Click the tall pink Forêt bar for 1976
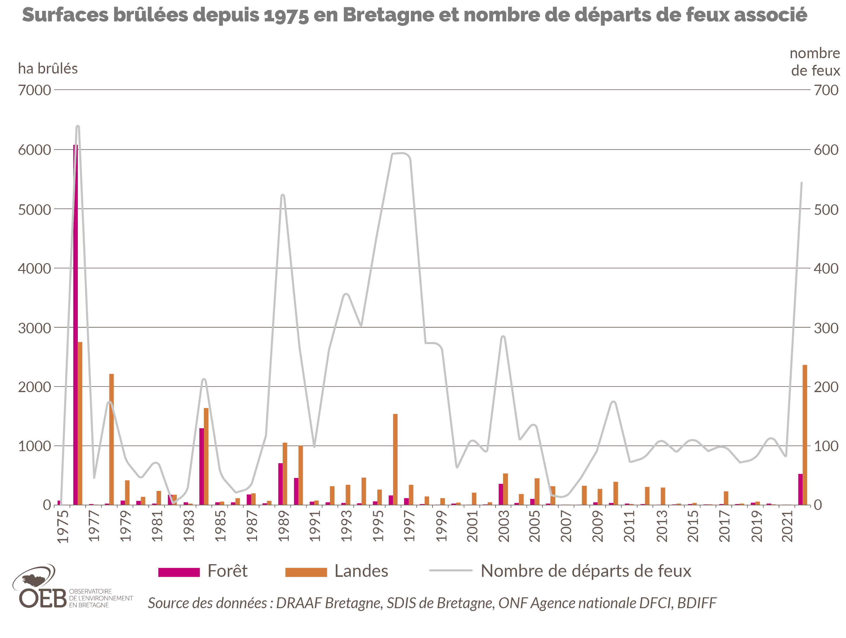(x=75, y=325)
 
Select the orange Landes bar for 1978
(x=111, y=440)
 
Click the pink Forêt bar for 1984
(x=201, y=466)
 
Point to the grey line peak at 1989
(x=283, y=195)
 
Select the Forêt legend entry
(x=203, y=571)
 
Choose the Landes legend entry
(x=337, y=571)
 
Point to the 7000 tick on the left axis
(x=34, y=90)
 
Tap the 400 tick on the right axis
(x=826, y=268)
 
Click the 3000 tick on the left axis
(x=34, y=328)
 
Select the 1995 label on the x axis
(x=378, y=526)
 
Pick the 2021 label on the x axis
(x=788, y=526)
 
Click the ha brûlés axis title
(x=48, y=69)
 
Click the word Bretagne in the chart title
(x=388, y=15)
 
